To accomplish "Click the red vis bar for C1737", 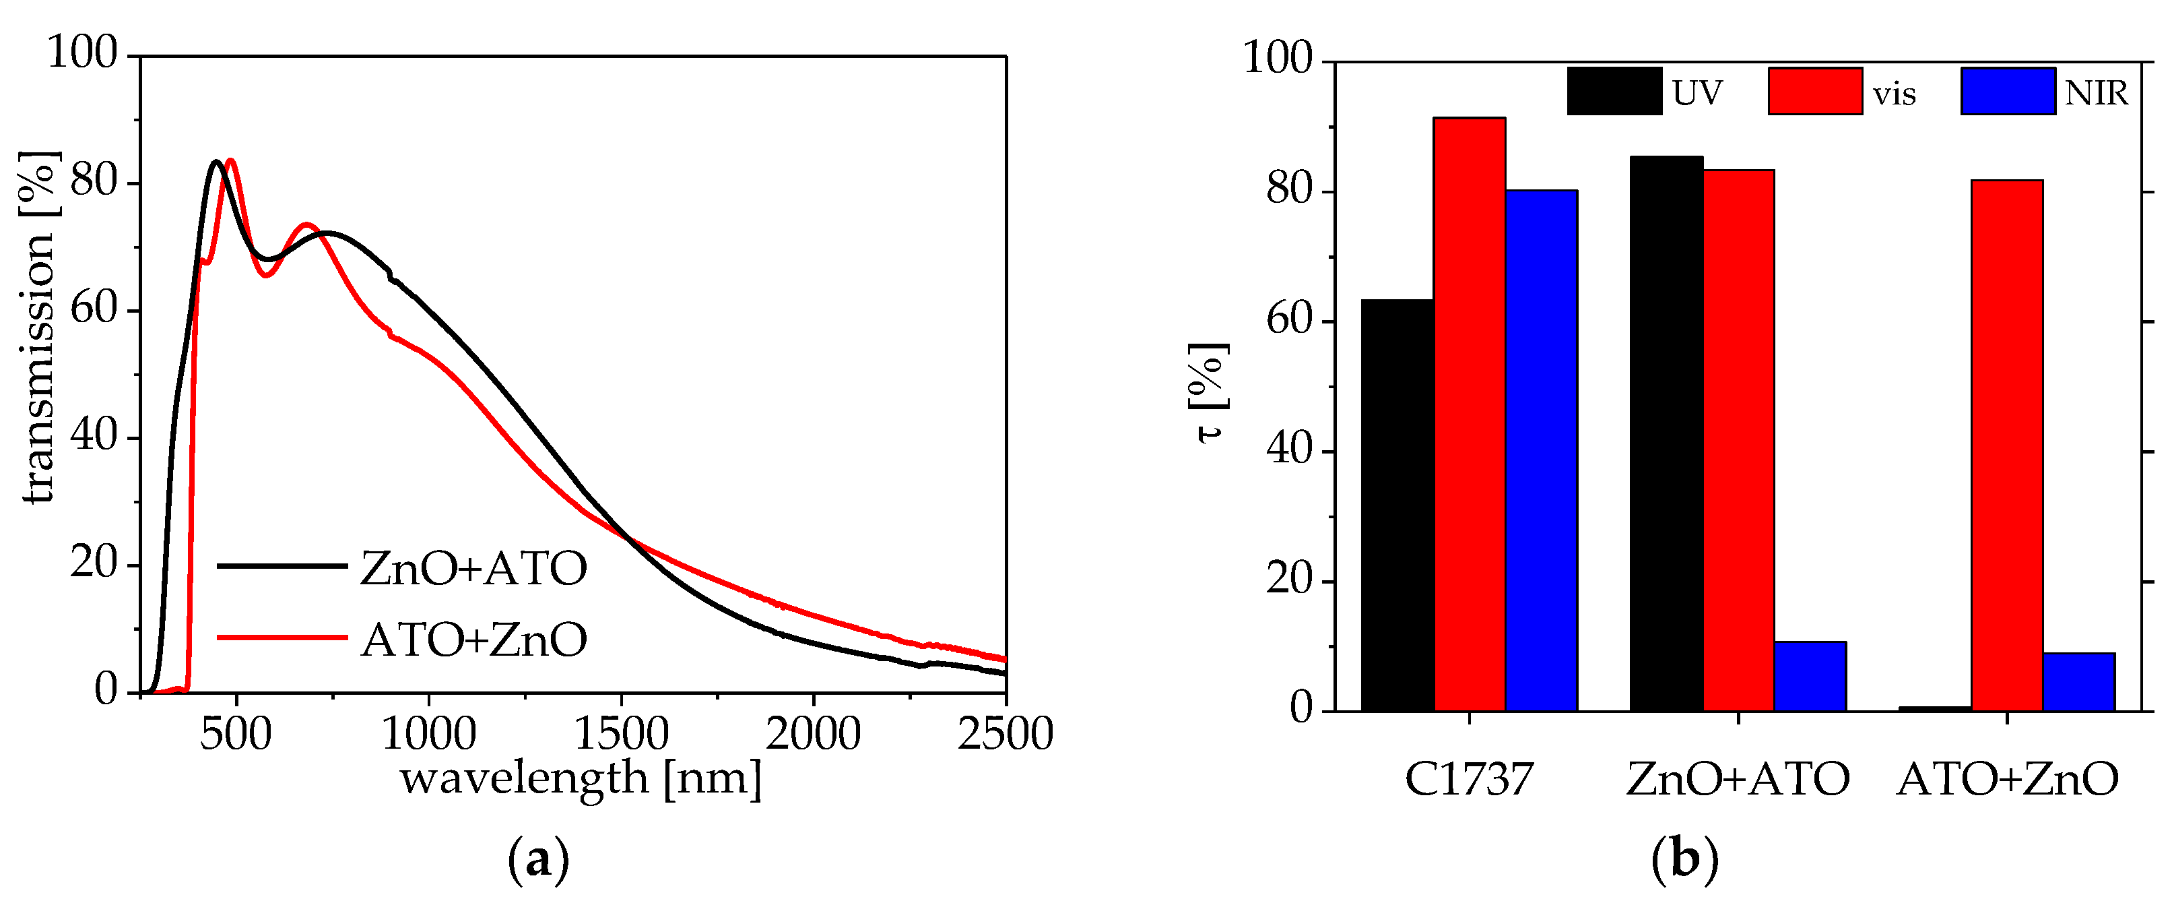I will pos(1469,413).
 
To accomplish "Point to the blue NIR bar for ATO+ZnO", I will pos(2078,681).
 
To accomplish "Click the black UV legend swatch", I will pos(1614,91).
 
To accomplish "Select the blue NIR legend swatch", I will pos(2008,91).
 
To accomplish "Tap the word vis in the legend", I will pos(1894,94).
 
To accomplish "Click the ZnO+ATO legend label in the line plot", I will pos(473,567).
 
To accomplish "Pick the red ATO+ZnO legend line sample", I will pos(282,638).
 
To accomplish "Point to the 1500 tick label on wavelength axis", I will pos(622,734).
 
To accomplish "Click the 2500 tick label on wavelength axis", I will pos(1005,734).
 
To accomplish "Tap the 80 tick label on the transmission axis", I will pos(93,181).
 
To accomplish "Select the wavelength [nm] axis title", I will pos(580,777).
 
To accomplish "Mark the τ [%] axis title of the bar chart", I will pos(1209,393).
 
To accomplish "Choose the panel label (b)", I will pos(1684,859).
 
